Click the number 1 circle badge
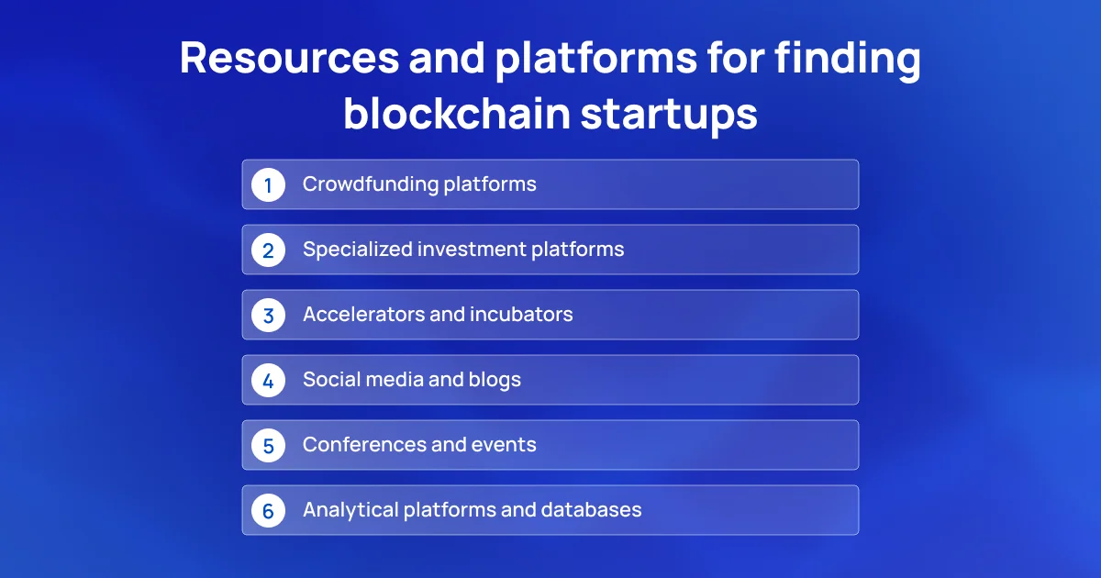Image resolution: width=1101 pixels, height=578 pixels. coord(268,184)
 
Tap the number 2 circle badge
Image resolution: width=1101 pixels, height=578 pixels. coord(268,250)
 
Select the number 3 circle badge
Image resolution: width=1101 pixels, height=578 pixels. coord(268,315)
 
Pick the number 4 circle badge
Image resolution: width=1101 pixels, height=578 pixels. coord(268,381)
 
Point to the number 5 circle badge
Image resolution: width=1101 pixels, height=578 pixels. coord(268,445)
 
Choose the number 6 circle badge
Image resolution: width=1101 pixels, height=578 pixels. coord(268,511)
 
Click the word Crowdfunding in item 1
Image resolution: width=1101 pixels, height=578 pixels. coord(371,184)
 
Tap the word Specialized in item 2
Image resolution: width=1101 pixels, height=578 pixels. coord(358,250)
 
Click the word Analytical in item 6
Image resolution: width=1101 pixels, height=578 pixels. coord(350,510)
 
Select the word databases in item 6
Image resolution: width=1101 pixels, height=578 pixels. coord(591,510)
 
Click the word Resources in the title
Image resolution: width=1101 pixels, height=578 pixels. coord(290,58)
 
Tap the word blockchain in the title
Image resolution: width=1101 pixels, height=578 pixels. coord(457,114)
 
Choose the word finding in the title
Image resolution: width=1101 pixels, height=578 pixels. coord(848,60)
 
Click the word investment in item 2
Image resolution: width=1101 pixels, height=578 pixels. coord(472,250)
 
